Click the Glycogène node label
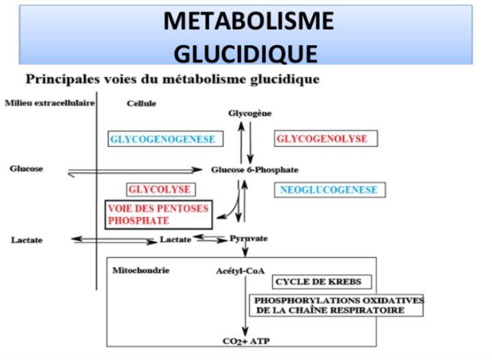coord(250,113)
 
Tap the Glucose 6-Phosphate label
coord(254,170)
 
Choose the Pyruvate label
coord(249,238)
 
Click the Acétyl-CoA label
coord(241,271)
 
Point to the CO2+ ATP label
coord(246,341)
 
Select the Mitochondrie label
coord(141,271)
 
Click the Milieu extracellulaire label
coord(50,103)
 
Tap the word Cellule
coord(141,103)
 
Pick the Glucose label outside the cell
coord(27,169)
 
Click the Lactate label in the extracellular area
coord(27,240)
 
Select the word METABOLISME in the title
coord(249,20)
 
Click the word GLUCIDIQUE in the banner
coord(246,53)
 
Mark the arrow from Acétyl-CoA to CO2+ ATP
coord(245,306)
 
